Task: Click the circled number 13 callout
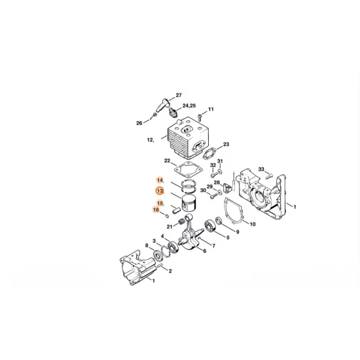[159, 191]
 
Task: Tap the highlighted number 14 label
[159, 179]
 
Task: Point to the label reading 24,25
[190, 105]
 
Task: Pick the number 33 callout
[261, 169]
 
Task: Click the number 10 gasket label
[253, 225]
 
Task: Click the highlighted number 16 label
[157, 209]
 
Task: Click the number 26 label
[139, 122]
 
